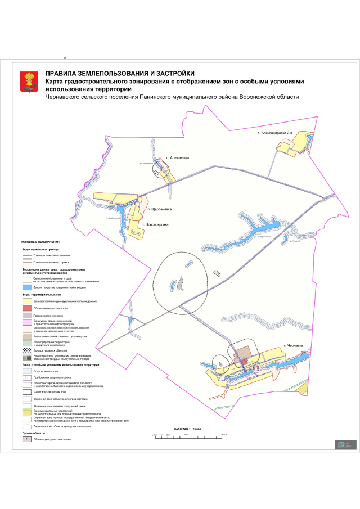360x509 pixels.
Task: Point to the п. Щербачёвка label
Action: pyautogui.click(x=160, y=209)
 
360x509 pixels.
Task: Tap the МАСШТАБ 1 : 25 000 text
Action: pyautogui.click(x=185, y=429)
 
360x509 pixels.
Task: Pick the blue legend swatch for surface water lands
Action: pyautogui.click(x=28, y=287)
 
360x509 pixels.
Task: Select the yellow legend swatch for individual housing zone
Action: pyautogui.click(x=28, y=301)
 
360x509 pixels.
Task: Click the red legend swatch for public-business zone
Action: pyautogui.click(x=28, y=309)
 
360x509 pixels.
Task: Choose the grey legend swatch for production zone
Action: pyautogui.click(x=28, y=316)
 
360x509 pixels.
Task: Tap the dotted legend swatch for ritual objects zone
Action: pyautogui.click(x=28, y=349)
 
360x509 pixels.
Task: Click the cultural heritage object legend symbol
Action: pyautogui.click(x=28, y=438)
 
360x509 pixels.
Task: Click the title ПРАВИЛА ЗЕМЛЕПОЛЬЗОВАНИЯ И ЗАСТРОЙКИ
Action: pyautogui.click(x=120, y=73)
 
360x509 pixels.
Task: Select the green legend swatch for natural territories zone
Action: pyautogui.click(x=28, y=343)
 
